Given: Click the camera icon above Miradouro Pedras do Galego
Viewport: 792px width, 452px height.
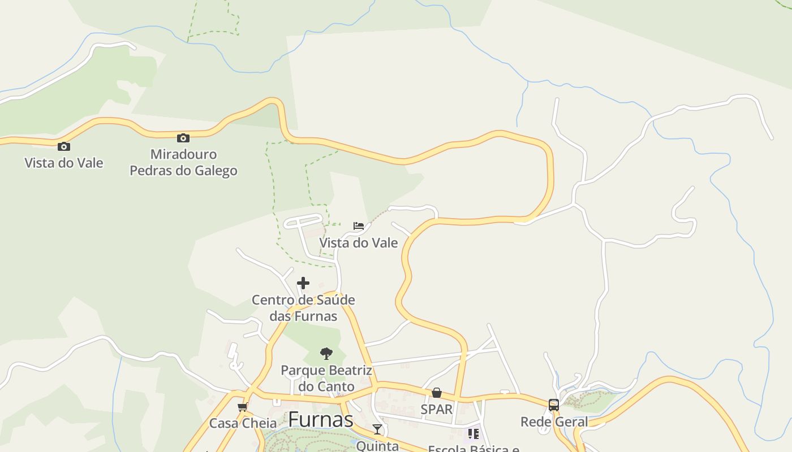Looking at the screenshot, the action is pos(183,138).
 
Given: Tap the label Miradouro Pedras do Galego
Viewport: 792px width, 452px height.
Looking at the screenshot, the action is pos(183,162).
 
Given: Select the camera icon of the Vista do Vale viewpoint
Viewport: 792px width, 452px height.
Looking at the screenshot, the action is pos(64,147).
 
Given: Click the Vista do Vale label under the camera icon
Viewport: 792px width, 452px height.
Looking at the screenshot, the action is pos(64,163).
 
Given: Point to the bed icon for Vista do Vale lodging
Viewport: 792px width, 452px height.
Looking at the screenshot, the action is pos(359,226).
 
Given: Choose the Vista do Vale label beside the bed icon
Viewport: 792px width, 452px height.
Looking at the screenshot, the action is pos(359,243).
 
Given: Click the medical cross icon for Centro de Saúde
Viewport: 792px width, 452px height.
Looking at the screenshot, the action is pos(303,283).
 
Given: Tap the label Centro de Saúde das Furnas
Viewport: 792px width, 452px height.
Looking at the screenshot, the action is pos(303,308).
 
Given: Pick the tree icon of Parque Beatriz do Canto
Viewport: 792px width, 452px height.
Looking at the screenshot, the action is pos(326,354).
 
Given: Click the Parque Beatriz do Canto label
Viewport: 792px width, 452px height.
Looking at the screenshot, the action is pos(326,379).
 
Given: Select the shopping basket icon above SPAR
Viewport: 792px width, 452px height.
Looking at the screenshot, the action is pos(437,393).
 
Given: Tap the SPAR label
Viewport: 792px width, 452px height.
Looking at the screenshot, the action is pos(437,409).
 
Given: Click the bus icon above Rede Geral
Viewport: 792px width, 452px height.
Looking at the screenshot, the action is pos(554,405).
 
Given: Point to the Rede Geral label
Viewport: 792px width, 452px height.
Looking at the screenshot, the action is pos(554,421).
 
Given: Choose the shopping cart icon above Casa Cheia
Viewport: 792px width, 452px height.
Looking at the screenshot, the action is pos(243,407).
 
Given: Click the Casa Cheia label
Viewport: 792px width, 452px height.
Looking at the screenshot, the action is pos(243,423).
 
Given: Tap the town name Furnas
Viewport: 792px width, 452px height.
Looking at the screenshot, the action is pos(321,420).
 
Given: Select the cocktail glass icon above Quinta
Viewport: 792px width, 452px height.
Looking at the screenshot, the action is pos(377,429).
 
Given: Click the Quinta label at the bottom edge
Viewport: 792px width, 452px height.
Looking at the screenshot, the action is pos(377,446).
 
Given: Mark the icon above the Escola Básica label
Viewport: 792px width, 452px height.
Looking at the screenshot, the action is pos(474,434).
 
